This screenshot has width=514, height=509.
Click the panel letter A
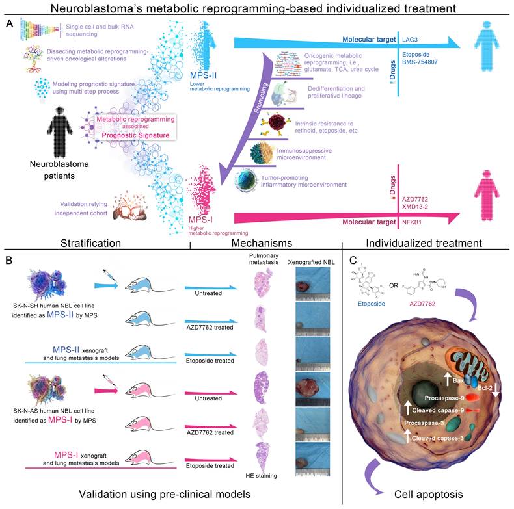[9, 23]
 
